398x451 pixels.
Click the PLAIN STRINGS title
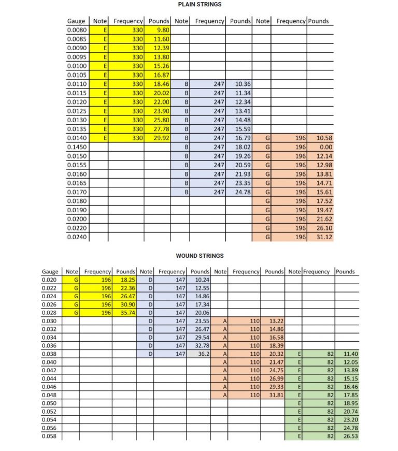pos(200,5)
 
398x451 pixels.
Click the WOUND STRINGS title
pos(200,256)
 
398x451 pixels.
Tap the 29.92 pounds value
pos(162,138)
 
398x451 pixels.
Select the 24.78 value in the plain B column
pos(243,192)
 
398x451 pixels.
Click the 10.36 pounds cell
pos(243,84)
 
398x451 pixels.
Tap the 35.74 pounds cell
pos(127,313)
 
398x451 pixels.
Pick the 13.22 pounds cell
pos(275,321)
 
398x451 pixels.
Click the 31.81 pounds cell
pos(275,396)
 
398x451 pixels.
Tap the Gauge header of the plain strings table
pos(77,21)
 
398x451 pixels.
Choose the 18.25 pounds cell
pos(127,280)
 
